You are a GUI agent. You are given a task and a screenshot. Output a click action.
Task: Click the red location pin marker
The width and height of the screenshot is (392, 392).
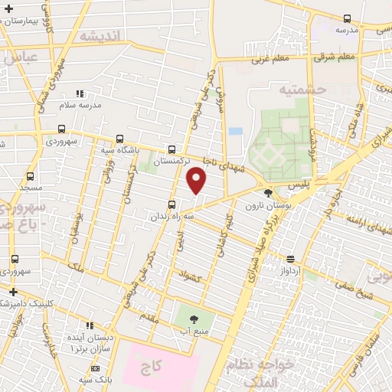[x=197, y=181]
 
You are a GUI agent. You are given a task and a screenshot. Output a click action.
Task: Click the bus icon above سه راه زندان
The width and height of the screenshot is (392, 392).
[x=171, y=204]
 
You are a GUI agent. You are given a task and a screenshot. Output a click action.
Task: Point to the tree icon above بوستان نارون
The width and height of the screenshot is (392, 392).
[x=268, y=194]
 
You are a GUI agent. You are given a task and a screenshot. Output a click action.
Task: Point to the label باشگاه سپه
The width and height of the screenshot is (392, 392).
[x=123, y=150]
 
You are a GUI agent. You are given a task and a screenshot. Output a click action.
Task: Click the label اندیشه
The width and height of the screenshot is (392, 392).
[x=100, y=36]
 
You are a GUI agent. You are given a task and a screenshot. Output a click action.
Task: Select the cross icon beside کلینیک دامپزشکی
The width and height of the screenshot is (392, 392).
[x=13, y=292]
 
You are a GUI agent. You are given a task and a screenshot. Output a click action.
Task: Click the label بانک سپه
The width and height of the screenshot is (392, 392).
[x=97, y=379]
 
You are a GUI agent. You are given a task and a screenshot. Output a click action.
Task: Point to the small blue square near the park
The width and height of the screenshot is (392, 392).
[x=235, y=131]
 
